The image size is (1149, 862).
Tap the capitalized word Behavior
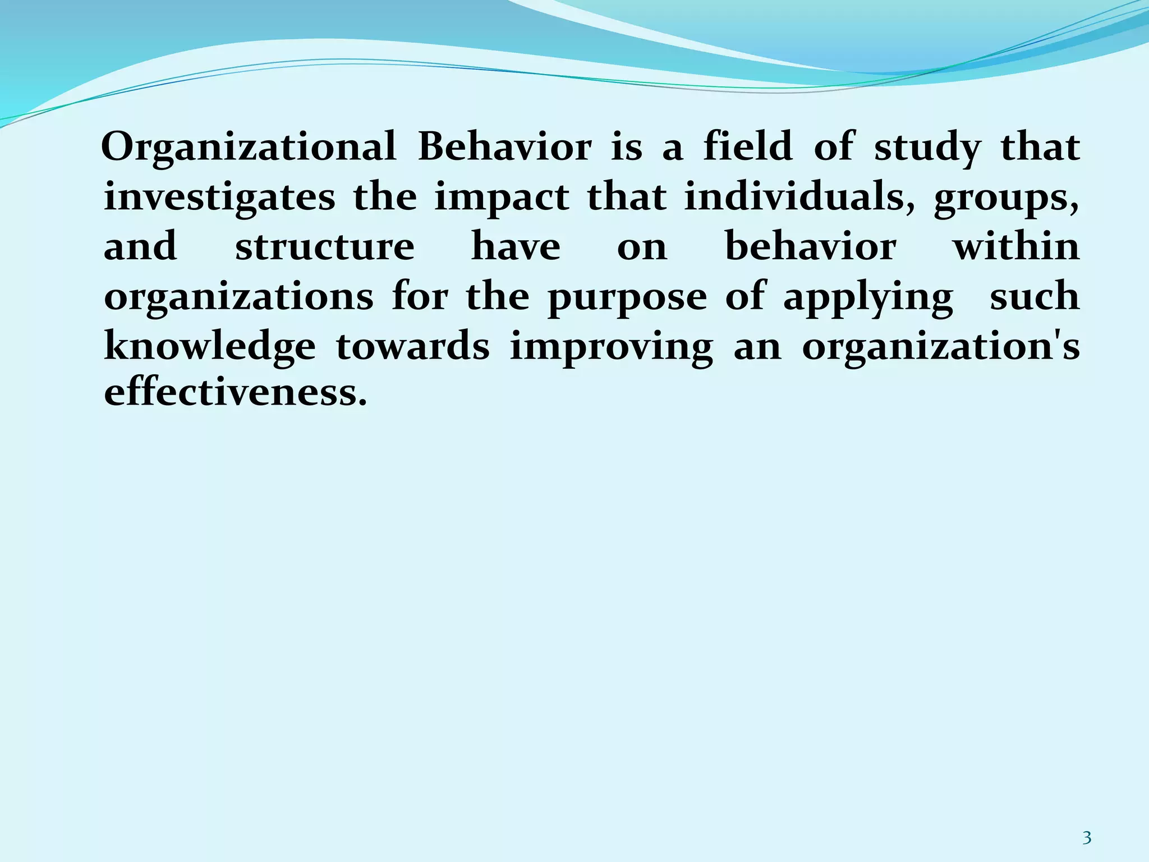504,147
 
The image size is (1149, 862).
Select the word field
748,147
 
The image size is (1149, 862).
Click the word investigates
219,198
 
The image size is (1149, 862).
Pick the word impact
502,199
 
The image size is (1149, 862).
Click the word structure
325,247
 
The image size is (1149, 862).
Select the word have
516,247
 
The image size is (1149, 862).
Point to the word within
1017,247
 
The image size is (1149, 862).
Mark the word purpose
627,297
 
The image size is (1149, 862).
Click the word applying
868,297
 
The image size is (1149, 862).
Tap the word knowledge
210,347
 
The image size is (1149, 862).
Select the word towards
412,347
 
